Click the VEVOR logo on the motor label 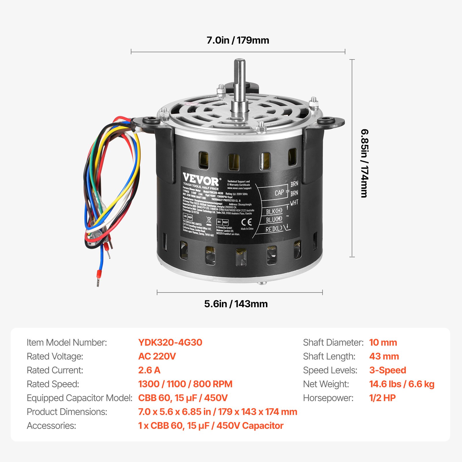(x=201, y=180)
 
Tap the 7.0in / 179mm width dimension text (x=238, y=40)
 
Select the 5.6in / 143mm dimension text (x=236, y=304)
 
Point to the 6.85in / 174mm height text (x=365, y=163)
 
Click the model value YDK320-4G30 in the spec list (x=170, y=342)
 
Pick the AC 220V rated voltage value (x=157, y=356)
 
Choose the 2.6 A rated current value (x=149, y=370)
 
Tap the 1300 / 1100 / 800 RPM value (x=185, y=384)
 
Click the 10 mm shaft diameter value (x=383, y=342)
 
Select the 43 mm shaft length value (x=384, y=356)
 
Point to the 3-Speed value (x=388, y=370)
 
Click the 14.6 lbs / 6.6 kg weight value (x=402, y=384)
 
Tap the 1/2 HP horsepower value (x=382, y=398)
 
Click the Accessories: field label (x=51, y=426)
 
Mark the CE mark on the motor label (x=246, y=222)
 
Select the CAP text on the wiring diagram (x=279, y=193)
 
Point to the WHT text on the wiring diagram (x=294, y=203)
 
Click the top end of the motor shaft (x=239, y=61)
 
